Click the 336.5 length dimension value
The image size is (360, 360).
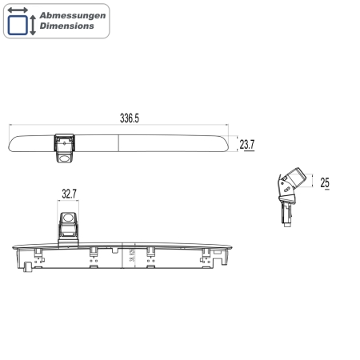130,118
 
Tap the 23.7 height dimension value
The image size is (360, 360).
247,145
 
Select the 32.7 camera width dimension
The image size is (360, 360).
70,193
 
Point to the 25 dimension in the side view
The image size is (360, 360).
325,183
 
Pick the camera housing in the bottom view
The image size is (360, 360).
69,225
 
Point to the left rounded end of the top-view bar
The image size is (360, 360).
12,143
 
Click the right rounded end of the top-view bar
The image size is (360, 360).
226,143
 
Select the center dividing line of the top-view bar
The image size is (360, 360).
120,143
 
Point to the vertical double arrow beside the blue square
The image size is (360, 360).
33,24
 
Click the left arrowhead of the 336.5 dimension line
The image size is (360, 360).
10,126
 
